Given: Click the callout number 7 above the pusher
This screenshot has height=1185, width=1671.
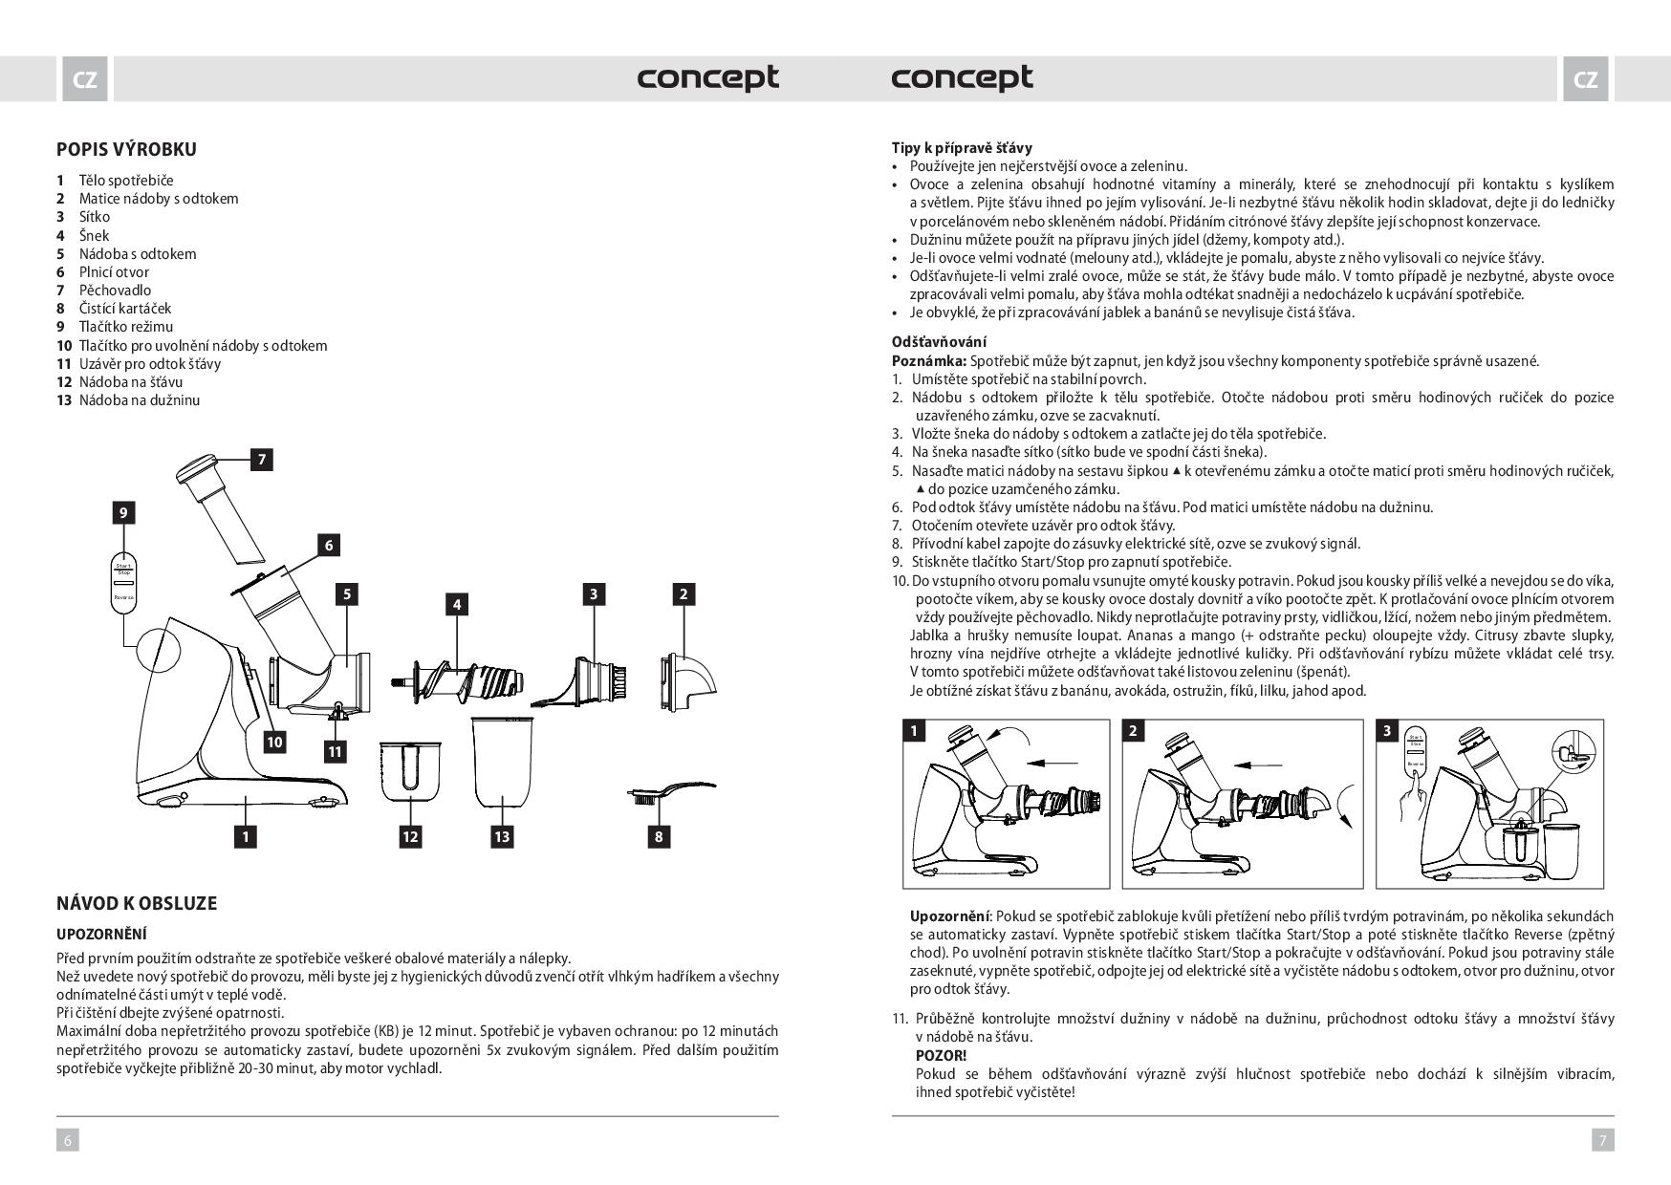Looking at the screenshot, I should [261, 460].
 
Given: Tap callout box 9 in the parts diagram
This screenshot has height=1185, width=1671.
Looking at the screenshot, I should [123, 513].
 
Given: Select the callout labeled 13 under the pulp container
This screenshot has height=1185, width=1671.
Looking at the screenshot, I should [502, 837].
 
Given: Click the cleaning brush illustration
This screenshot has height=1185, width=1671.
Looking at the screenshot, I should [669, 792].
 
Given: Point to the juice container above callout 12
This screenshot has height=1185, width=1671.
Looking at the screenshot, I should [411, 769].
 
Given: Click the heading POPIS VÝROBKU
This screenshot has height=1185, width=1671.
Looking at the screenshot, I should [126, 149].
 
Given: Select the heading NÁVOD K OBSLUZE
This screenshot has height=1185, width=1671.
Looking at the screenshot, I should [137, 903].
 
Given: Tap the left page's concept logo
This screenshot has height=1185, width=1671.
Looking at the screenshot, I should [708, 77].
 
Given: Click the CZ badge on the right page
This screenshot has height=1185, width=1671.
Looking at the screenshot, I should [1585, 79].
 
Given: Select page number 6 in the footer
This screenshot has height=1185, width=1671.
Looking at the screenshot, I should [68, 1139].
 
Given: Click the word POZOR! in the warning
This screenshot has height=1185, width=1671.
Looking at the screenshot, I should [941, 1055].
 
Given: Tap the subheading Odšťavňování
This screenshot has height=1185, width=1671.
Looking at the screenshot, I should [939, 341].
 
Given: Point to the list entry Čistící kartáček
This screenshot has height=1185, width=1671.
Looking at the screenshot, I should [124, 309].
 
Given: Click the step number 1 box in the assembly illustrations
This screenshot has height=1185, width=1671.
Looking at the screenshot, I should [915, 732].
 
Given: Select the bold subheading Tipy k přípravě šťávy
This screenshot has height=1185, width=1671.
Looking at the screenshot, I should [962, 148].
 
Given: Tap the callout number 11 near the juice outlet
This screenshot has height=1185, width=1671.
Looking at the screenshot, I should [335, 752].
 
